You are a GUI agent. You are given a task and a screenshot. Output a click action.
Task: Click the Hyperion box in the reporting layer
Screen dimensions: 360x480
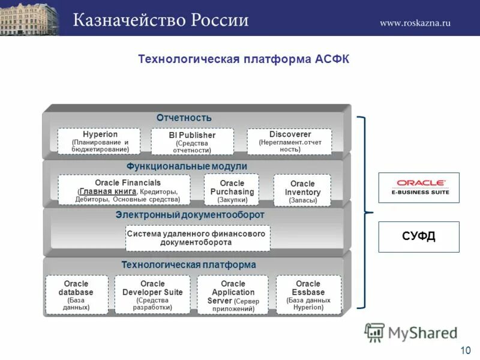[100, 142]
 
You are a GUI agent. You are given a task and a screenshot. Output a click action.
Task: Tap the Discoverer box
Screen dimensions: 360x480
[289, 142]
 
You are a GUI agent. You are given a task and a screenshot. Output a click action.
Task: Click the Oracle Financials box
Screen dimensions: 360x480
[124, 190]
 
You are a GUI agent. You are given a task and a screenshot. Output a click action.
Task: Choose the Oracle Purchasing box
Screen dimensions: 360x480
[232, 190]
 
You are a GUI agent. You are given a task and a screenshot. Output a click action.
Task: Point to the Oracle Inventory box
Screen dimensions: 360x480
[302, 191]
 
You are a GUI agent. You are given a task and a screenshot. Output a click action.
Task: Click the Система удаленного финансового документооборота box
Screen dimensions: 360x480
[198, 238]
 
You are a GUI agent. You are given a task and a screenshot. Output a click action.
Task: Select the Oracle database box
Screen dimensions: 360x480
[77, 295]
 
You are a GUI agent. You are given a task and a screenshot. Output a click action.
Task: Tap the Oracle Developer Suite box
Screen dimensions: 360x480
[152, 295]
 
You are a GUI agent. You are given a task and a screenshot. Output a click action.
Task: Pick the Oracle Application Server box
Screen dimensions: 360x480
[233, 295]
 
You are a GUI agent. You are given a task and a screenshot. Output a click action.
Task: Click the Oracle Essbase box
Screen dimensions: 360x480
[308, 295]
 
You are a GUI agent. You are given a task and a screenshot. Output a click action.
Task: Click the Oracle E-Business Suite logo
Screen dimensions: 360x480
[418, 187]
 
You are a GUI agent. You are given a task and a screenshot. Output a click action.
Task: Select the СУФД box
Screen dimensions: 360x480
[418, 236]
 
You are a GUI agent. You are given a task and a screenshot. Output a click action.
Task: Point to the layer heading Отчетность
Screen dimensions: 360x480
[184, 118]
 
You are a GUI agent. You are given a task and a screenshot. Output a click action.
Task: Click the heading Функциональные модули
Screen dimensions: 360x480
[187, 166]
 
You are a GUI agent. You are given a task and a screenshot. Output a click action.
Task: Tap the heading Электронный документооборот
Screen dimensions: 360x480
[190, 215]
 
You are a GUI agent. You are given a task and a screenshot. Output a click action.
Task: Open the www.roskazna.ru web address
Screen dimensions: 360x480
[415, 23]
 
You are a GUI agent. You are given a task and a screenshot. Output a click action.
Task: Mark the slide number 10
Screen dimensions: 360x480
[465, 350]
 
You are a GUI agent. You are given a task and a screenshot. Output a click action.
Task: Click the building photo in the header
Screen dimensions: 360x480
[30, 18]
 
